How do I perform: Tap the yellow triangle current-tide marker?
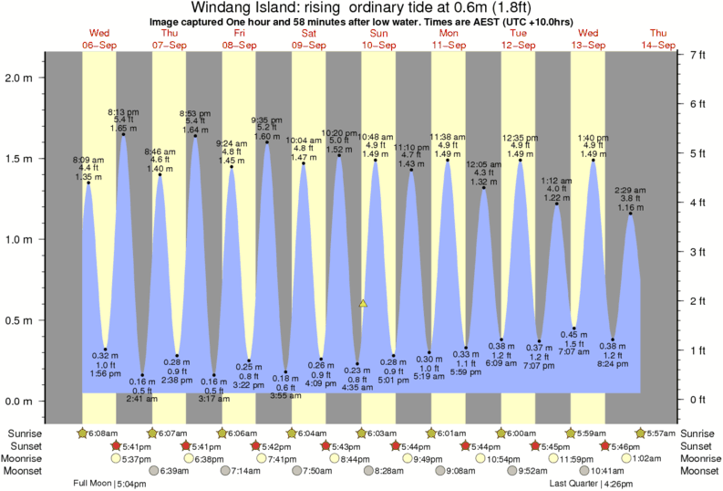tap(363, 303)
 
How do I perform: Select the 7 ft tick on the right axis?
tap(697, 56)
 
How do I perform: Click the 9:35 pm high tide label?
tap(266, 120)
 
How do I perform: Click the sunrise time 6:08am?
tap(103, 433)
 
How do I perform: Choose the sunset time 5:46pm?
tap(628, 445)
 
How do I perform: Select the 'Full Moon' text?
tap(93, 484)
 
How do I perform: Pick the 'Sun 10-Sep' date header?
tap(378, 39)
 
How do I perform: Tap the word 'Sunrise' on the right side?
tap(698, 433)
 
